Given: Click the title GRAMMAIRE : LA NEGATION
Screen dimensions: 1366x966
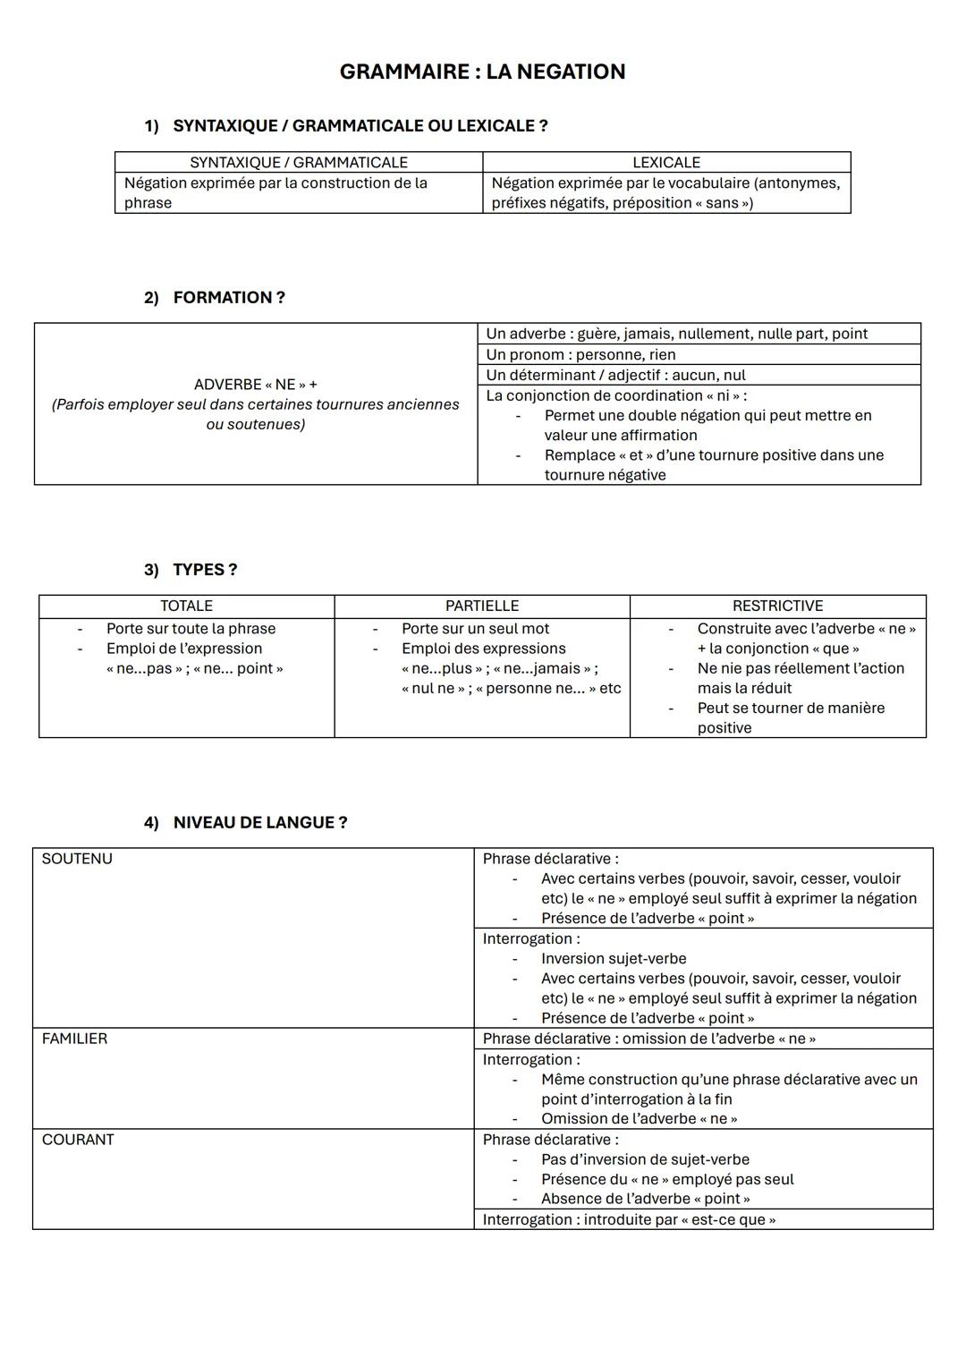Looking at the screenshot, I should click(x=482, y=72).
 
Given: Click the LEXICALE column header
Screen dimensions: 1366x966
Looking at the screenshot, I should click(x=665, y=163).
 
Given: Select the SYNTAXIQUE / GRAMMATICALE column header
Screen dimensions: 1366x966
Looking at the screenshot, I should click(x=298, y=163).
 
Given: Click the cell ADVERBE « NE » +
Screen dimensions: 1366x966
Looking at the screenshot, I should click(x=255, y=385).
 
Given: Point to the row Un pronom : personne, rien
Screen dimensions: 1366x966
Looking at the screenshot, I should click(x=580, y=354).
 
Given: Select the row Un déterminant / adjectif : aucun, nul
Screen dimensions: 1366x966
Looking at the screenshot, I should click(x=615, y=375).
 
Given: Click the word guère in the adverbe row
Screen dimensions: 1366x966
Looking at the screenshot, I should click(x=597, y=334).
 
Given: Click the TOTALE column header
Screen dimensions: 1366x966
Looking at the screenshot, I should click(x=186, y=607).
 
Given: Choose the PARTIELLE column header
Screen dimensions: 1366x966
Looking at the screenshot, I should click(x=482, y=607).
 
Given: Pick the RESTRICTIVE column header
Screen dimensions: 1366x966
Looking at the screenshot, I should click(x=777, y=607).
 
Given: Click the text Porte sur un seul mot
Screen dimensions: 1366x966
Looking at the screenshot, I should click(x=475, y=629).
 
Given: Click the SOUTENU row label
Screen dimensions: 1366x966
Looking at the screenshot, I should click(x=77, y=859).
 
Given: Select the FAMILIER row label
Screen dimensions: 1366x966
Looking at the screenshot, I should click(x=74, y=1039).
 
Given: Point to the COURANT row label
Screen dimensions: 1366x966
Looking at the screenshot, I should click(x=78, y=1140).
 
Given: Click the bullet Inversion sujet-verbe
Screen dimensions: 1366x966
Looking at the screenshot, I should click(x=614, y=959).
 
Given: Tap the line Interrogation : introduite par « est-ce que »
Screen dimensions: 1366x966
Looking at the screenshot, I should click(x=629, y=1219).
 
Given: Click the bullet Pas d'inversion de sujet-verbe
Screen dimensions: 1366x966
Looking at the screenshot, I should click(x=645, y=1159).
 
